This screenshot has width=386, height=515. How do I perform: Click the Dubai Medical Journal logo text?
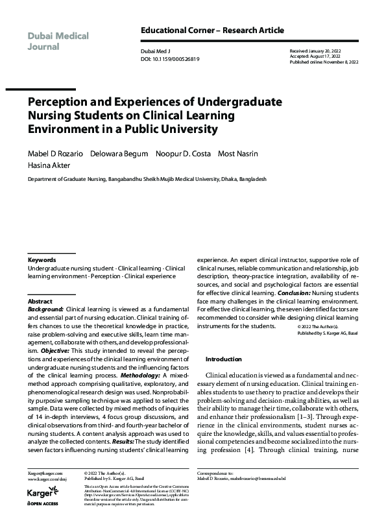[58, 41]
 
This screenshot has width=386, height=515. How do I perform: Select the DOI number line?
[169, 59]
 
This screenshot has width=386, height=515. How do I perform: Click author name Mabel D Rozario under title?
[55, 153]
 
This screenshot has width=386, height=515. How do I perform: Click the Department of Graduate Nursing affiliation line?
[146, 179]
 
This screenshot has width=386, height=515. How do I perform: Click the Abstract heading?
[40, 302]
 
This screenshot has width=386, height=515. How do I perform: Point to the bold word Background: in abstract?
[45, 311]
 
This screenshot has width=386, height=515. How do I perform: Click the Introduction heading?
[223, 359]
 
